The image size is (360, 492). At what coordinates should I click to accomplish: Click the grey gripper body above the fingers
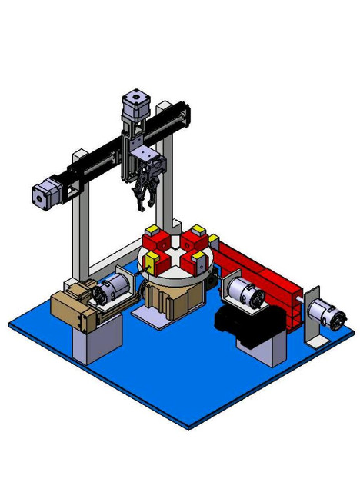145,163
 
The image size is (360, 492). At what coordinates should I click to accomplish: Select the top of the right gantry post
165,107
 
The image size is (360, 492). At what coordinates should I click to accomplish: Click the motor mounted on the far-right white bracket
325,314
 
